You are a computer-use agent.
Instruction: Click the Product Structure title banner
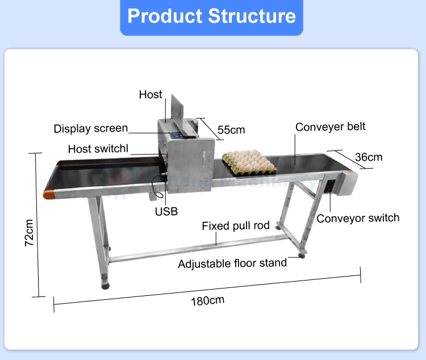pyautogui.click(x=211, y=16)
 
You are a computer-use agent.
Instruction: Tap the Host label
pyautogui.click(x=151, y=95)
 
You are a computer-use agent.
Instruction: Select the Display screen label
pyautogui.click(x=91, y=129)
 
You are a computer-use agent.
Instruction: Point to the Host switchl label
pyautogui.click(x=98, y=149)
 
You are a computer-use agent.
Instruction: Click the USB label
pyautogui.click(x=166, y=212)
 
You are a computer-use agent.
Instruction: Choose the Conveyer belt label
pyautogui.click(x=330, y=127)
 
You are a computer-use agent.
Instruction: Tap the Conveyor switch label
pyautogui.click(x=358, y=218)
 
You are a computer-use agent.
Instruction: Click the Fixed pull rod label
pyautogui.click(x=236, y=226)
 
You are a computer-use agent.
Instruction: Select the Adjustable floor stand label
pyautogui.click(x=232, y=264)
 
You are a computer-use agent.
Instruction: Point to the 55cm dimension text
pyautogui.click(x=231, y=130)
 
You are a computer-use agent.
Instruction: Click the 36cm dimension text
pyautogui.click(x=369, y=157)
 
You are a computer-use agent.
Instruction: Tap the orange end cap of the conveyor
pyautogui.click(x=49, y=194)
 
